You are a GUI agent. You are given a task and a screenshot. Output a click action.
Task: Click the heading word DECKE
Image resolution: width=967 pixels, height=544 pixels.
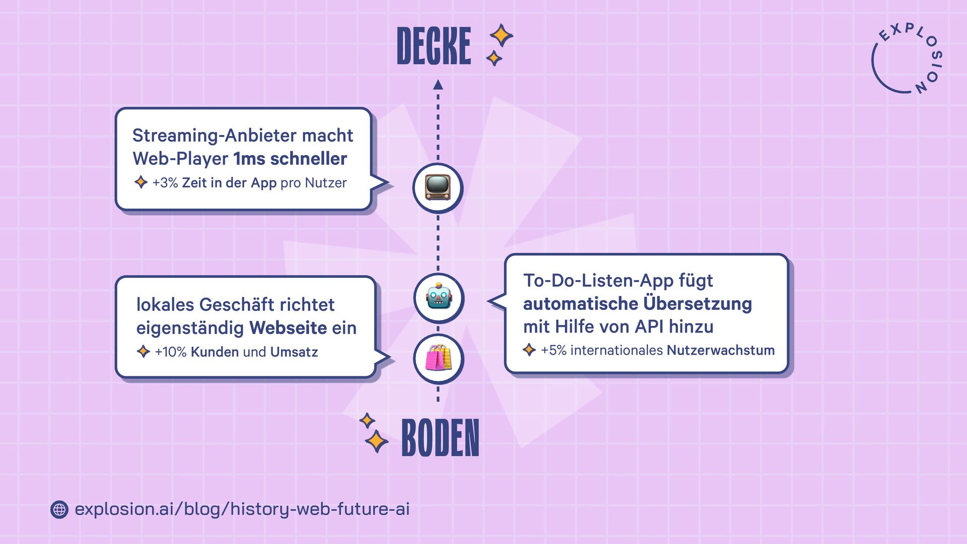click(434, 46)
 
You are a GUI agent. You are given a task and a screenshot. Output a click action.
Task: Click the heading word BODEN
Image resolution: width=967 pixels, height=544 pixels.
click(440, 438)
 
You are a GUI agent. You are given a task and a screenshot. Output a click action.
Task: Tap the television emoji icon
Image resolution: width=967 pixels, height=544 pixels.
click(437, 187)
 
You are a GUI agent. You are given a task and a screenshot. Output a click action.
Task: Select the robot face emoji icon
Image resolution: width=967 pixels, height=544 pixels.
click(438, 298)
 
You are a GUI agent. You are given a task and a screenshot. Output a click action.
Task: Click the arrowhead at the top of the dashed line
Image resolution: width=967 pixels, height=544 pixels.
click(438, 85)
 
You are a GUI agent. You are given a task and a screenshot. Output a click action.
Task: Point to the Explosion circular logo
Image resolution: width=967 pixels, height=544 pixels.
click(907, 59)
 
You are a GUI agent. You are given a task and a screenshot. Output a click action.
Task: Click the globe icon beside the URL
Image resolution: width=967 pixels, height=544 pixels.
click(59, 510)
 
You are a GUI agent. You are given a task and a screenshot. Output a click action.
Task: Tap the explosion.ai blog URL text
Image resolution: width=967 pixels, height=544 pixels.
click(242, 509)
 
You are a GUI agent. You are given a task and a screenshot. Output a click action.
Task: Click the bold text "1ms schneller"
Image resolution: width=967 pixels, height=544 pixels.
click(290, 159)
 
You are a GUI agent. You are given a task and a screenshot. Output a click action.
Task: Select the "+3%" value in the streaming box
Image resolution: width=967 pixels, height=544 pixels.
click(165, 183)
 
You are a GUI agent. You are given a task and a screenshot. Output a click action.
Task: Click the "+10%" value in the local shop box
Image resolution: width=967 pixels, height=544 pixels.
click(170, 352)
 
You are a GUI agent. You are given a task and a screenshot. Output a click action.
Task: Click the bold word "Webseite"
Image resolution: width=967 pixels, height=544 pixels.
click(288, 328)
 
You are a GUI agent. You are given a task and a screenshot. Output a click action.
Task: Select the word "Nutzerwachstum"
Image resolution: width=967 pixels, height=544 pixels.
click(720, 350)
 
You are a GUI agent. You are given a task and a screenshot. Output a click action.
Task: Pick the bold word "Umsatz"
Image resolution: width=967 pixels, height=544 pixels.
click(294, 352)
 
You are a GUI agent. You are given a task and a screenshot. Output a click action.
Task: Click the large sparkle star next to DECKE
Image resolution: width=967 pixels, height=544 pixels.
click(501, 36)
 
